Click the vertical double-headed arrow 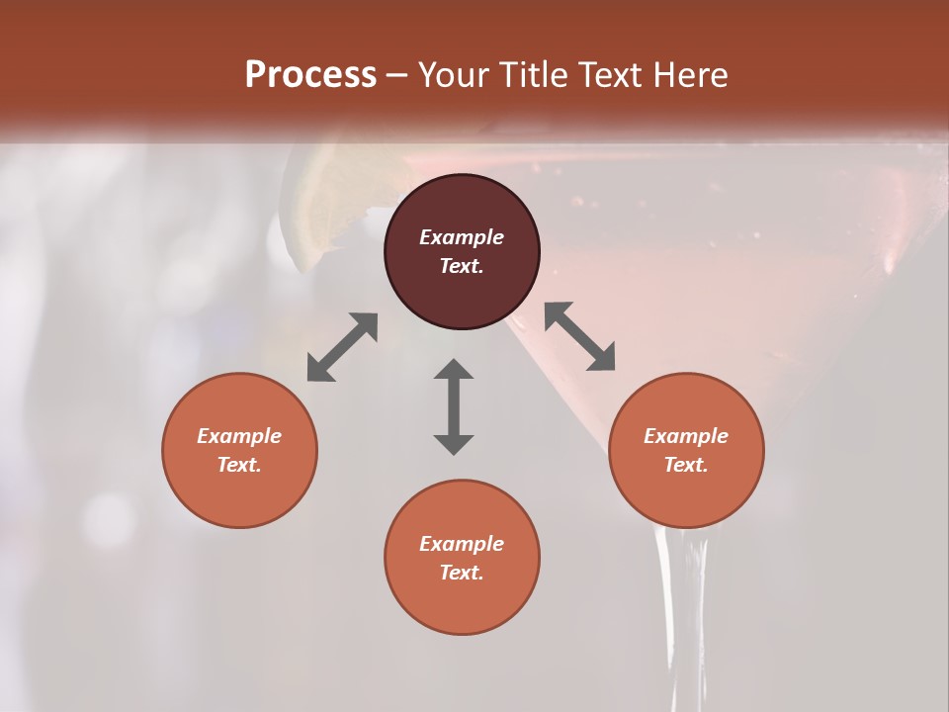(454, 406)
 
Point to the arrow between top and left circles (342, 347)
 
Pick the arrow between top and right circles (580, 336)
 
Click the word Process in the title (310, 75)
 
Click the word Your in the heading (454, 75)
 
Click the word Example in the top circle (462, 237)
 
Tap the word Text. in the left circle (239, 465)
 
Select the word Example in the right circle (686, 436)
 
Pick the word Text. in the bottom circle (462, 573)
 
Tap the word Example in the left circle (239, 436)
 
